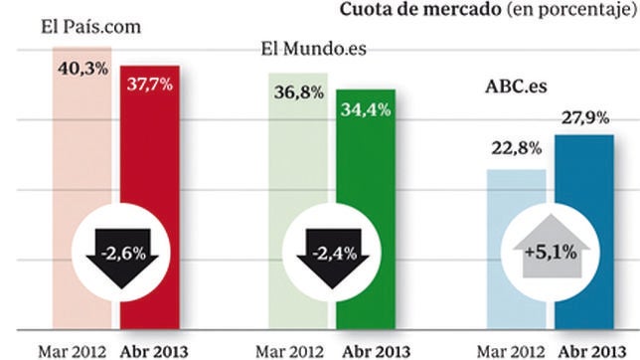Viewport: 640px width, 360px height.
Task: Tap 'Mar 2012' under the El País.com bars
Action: click(71, 350)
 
